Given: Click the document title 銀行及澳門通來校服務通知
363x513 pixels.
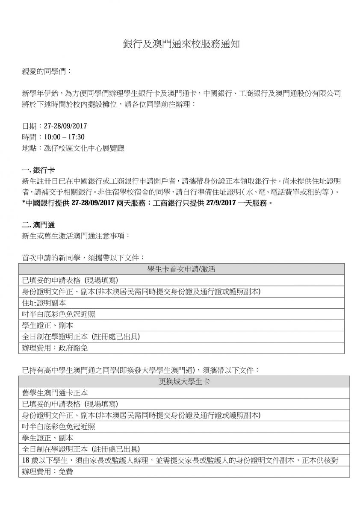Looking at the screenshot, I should coord(182,44).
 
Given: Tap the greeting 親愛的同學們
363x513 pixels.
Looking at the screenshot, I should coord(44,71).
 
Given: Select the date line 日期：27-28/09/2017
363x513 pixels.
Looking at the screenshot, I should coord(54,126).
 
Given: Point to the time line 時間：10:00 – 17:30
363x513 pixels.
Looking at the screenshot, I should coord(53,137).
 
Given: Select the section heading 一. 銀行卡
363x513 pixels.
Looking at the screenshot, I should coord(38,170).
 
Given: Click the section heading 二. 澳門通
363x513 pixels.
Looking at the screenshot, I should coord(38,224).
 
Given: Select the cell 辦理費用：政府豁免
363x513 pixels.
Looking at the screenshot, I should coord(54,348).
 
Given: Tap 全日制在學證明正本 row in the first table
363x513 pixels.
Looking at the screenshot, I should coord(81,337).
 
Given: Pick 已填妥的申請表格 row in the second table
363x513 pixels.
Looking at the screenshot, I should coord(70,404).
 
